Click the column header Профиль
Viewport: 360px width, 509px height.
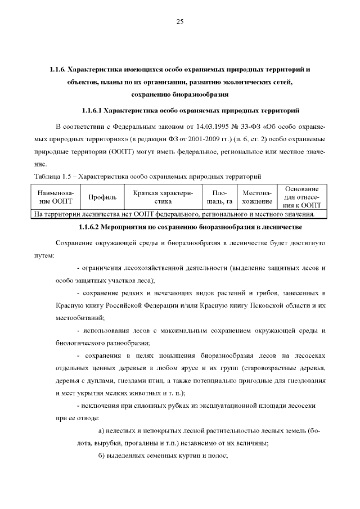pos(102,197)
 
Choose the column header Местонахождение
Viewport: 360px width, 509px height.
pos(257,197)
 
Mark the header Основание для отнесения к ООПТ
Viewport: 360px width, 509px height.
pos(302,197)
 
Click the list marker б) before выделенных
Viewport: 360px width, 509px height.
pos(94,455)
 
